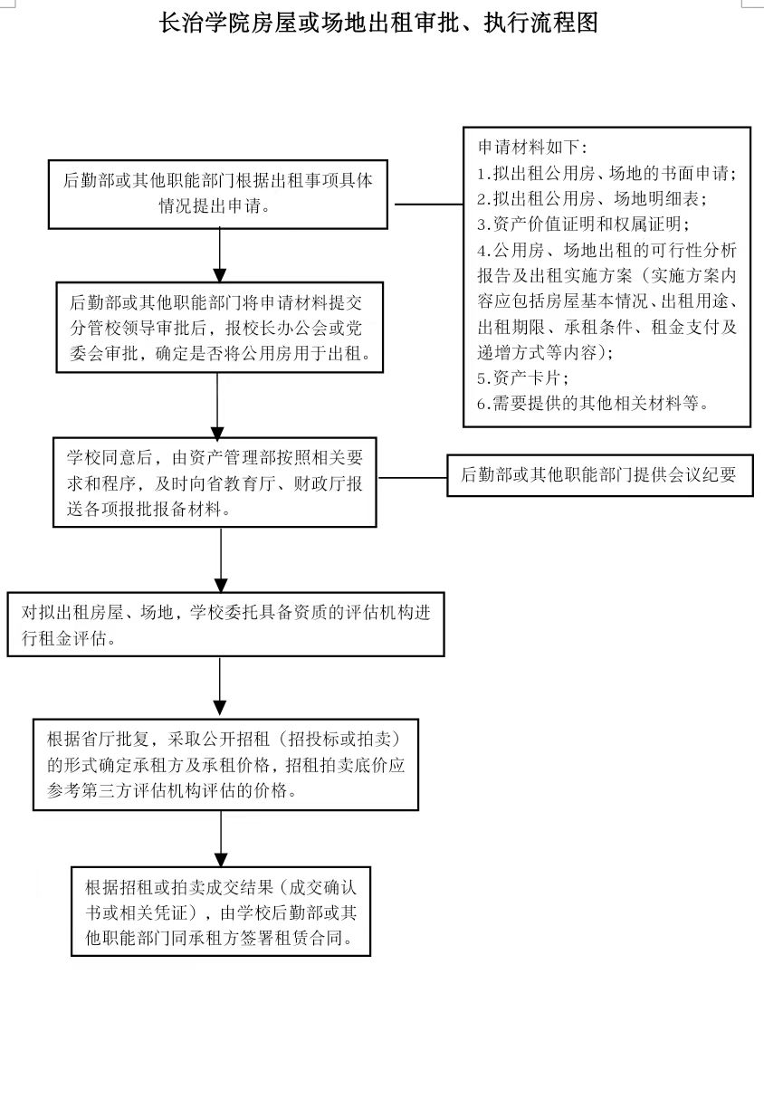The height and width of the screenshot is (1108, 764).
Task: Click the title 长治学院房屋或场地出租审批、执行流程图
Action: click(x=378, y=23)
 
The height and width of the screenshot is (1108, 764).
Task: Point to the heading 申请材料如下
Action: click(x=533, y=147)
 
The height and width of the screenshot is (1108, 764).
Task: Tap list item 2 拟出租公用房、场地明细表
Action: click(x=592, y=199)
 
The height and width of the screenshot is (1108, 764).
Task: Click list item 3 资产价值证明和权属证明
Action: click(x=584, y=224)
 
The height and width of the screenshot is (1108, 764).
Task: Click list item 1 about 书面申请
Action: click(x=607, y=173)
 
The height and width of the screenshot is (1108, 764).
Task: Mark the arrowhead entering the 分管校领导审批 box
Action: click(x=220, y=275)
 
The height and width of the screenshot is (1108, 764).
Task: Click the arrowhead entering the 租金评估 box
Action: click(x=221, y=585)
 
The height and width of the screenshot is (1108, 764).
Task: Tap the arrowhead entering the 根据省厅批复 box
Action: click(x=220, y=708)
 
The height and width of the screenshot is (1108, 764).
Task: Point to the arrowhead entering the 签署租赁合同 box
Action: click(x=221, y=860)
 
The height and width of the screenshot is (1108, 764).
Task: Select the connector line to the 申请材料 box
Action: click(x=429, y=204)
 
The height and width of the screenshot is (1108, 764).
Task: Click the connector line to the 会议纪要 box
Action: click(x=413, y=478)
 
